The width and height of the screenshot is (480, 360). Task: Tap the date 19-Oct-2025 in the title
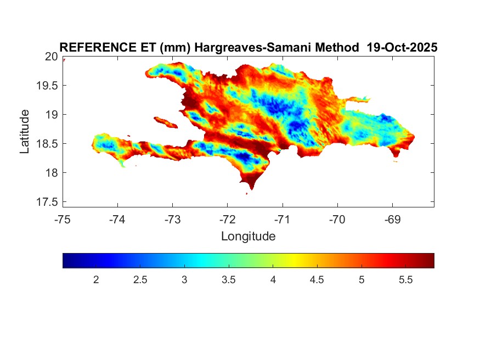402,48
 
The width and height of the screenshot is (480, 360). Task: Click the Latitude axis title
25,131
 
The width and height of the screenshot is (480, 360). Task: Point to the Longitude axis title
248,237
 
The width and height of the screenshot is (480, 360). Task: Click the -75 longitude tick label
63,220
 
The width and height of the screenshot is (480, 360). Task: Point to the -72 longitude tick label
227,220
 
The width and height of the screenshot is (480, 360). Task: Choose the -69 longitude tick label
392,220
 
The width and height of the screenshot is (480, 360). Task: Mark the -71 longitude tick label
283,220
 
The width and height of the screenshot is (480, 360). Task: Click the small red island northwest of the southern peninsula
165,121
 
